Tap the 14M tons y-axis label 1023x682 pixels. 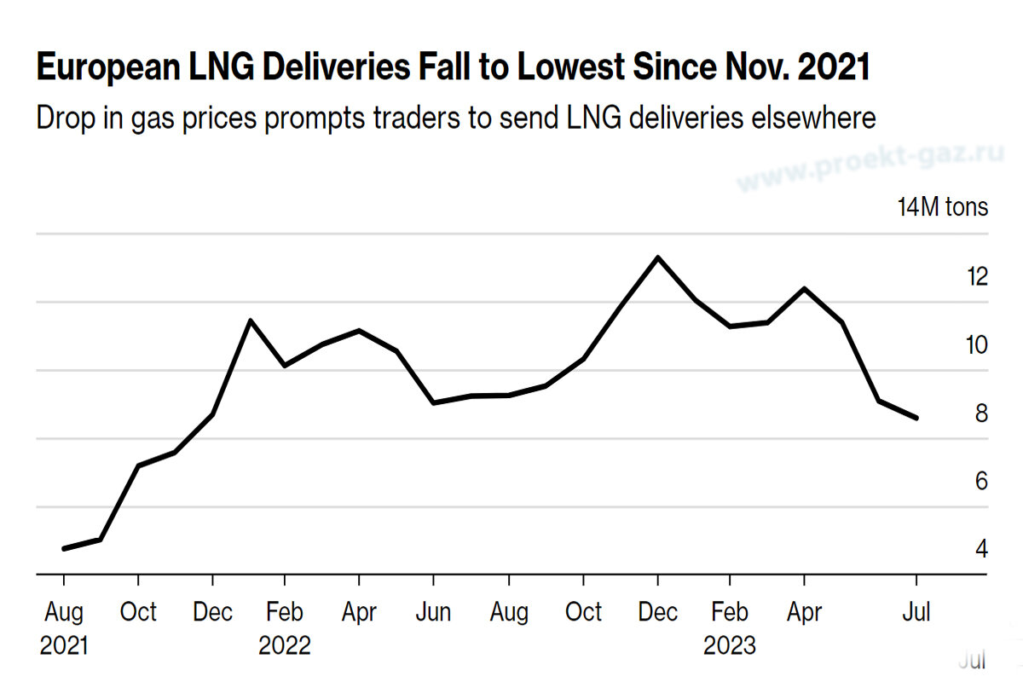[942, 207]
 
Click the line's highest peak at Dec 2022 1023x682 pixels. [657, 257]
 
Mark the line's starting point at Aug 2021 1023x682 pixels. [65, 548]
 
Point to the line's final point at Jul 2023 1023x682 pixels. [916, 418]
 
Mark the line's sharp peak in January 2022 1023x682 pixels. [249, 321]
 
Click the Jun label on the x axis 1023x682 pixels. [433, 612]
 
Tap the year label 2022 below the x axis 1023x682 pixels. [285, 645]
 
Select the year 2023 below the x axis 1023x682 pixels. [730, 645]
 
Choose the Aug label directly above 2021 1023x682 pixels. [64, 612]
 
